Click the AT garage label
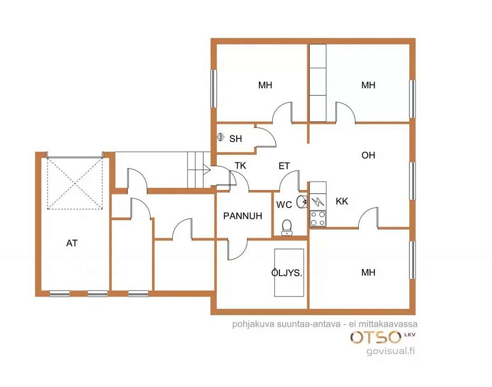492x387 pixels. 72,243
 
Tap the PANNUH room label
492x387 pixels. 243,216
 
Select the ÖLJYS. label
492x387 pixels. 286,273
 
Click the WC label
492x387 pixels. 284,205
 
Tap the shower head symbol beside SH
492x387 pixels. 221,137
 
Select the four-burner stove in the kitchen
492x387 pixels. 318,219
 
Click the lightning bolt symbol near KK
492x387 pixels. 318,201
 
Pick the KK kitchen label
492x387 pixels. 342,201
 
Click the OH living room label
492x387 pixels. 368,155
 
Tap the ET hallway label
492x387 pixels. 284,166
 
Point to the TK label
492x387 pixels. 240,165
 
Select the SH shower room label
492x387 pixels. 236,138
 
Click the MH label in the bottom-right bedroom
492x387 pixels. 368,272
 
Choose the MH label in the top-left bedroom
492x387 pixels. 265,85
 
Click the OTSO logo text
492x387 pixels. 376,337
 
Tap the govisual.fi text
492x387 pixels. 390,351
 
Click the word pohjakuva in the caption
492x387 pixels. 253,324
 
